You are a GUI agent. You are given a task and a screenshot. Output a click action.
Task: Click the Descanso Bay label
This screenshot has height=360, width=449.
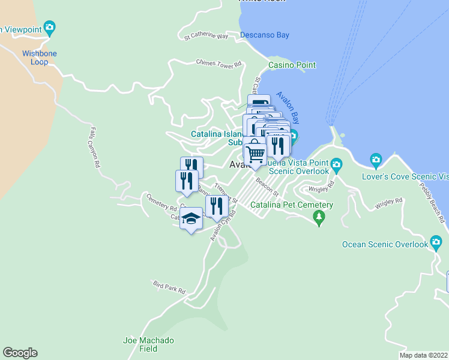click(x=264, y=35)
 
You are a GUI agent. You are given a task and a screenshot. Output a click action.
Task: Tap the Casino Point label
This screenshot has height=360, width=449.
click(x=292, y=65)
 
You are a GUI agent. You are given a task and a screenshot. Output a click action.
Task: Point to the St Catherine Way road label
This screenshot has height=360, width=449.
click(x=206, y=37)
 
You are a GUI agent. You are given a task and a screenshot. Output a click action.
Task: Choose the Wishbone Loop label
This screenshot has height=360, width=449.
click(x=40, y=58)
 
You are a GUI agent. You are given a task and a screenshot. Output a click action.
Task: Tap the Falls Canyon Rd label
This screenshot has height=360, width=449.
click(x=94, y=142)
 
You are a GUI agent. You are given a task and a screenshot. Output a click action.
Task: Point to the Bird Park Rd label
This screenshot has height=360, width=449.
click(x=169, y=289)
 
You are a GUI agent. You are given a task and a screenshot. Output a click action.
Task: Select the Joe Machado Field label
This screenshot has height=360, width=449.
click(x=148, y=344)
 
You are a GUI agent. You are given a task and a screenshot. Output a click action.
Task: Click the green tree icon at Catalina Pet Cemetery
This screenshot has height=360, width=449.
click(x=319, y=218)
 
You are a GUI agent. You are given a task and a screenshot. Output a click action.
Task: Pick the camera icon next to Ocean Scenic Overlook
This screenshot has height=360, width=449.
click(x=436, y=244)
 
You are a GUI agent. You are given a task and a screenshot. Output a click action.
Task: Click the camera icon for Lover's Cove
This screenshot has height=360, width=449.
click(x=376, y=159)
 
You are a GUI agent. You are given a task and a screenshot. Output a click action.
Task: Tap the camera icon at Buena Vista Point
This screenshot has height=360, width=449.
click(x=336, y=163)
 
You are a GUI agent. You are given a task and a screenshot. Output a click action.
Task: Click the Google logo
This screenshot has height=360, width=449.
click(x=20, y=353)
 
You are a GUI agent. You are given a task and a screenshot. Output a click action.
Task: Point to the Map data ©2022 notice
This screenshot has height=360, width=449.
click(x=423, y=355)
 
